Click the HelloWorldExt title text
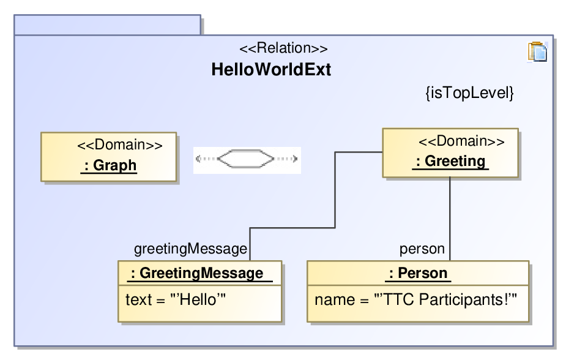tap(271, 69)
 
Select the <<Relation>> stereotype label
tap(283, 48)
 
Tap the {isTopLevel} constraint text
tap(469, 93)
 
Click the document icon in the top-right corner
tap(537, 51)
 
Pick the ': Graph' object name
tap(110, 165)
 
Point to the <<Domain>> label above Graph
tap(120, 144)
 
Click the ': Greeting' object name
tap(450, 161)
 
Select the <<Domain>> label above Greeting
tap(461, 141)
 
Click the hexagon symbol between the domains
tap(246, 159)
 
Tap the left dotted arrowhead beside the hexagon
tap(198, 159)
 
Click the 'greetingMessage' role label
tap(190, 249)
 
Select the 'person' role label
tap(422, 249)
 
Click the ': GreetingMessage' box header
tap(200, 273)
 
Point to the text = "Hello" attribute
tap(176, 300)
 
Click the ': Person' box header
tap(418, 273)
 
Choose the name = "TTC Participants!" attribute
tap(416, 300)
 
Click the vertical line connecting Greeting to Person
tap(450, 219)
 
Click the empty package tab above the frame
tap(107, 25)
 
